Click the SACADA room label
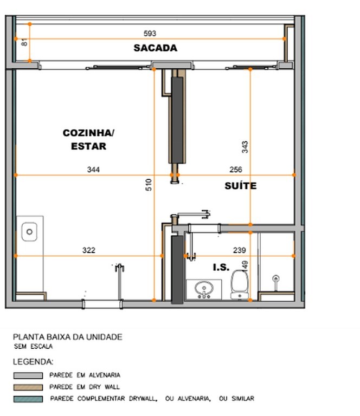pos(155,48)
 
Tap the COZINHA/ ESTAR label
pos(88,140)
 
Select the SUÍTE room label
pos(241,186)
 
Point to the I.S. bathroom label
pos(221,268)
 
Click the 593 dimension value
pos(150,34)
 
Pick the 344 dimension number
pos(93,170)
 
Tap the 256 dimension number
pos(236,170)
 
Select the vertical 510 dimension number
pos(149,185)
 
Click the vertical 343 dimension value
pos(245,147)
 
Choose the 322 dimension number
pos(89,250)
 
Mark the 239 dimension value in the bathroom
pos(240,250)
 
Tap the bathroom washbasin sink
pos(204,289)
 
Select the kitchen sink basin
pos(29,232)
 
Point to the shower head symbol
pos(276,278)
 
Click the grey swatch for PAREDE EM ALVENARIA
pos(28,375)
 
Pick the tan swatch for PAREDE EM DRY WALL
pos(28,387)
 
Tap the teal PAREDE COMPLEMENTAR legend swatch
pos(28,399)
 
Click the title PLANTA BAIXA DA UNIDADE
pos(68,337)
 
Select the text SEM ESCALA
pos(33,347)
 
